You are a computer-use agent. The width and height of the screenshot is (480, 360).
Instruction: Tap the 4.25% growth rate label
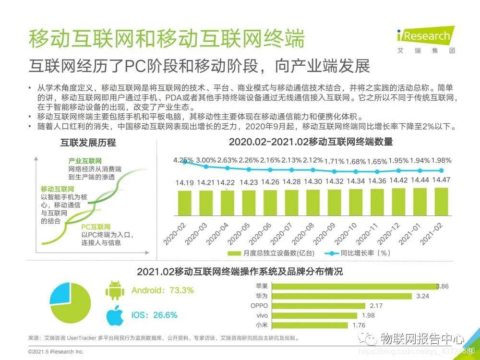pos(183,160)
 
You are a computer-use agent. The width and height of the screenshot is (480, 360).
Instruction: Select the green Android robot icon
pos(114,290)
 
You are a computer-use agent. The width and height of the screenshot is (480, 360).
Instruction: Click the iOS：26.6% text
pos(154,315)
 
